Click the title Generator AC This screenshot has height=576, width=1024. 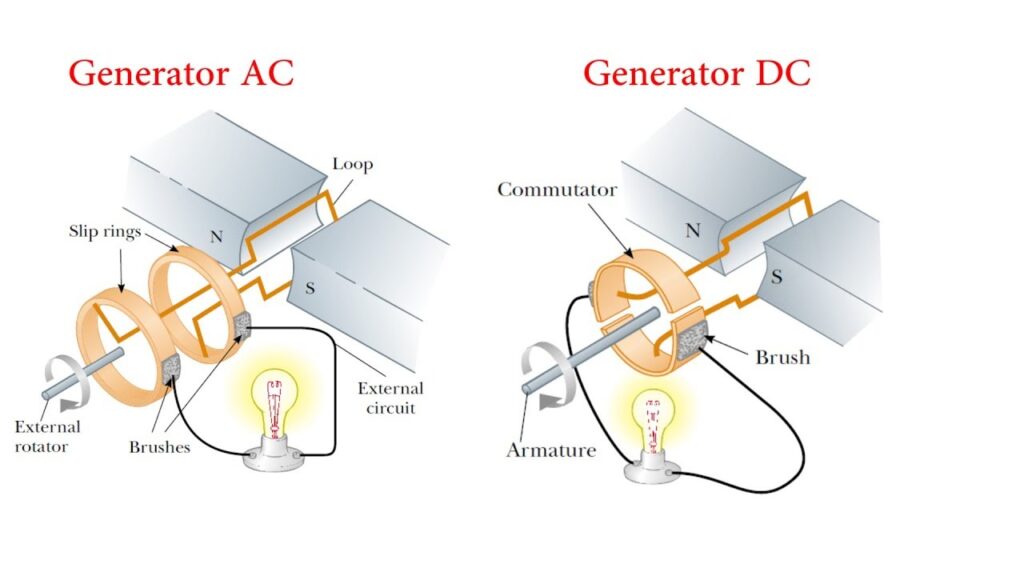click(181, 74)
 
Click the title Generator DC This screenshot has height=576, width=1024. click(697, 73)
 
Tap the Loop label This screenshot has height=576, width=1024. click(352, 165)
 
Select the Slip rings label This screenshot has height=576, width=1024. click(103, 231)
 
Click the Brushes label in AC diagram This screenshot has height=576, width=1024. click(159, 447)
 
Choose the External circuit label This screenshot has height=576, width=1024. click(390, 397)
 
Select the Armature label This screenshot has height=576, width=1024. click(551, 450)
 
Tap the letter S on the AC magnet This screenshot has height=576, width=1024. click(310, 290)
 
